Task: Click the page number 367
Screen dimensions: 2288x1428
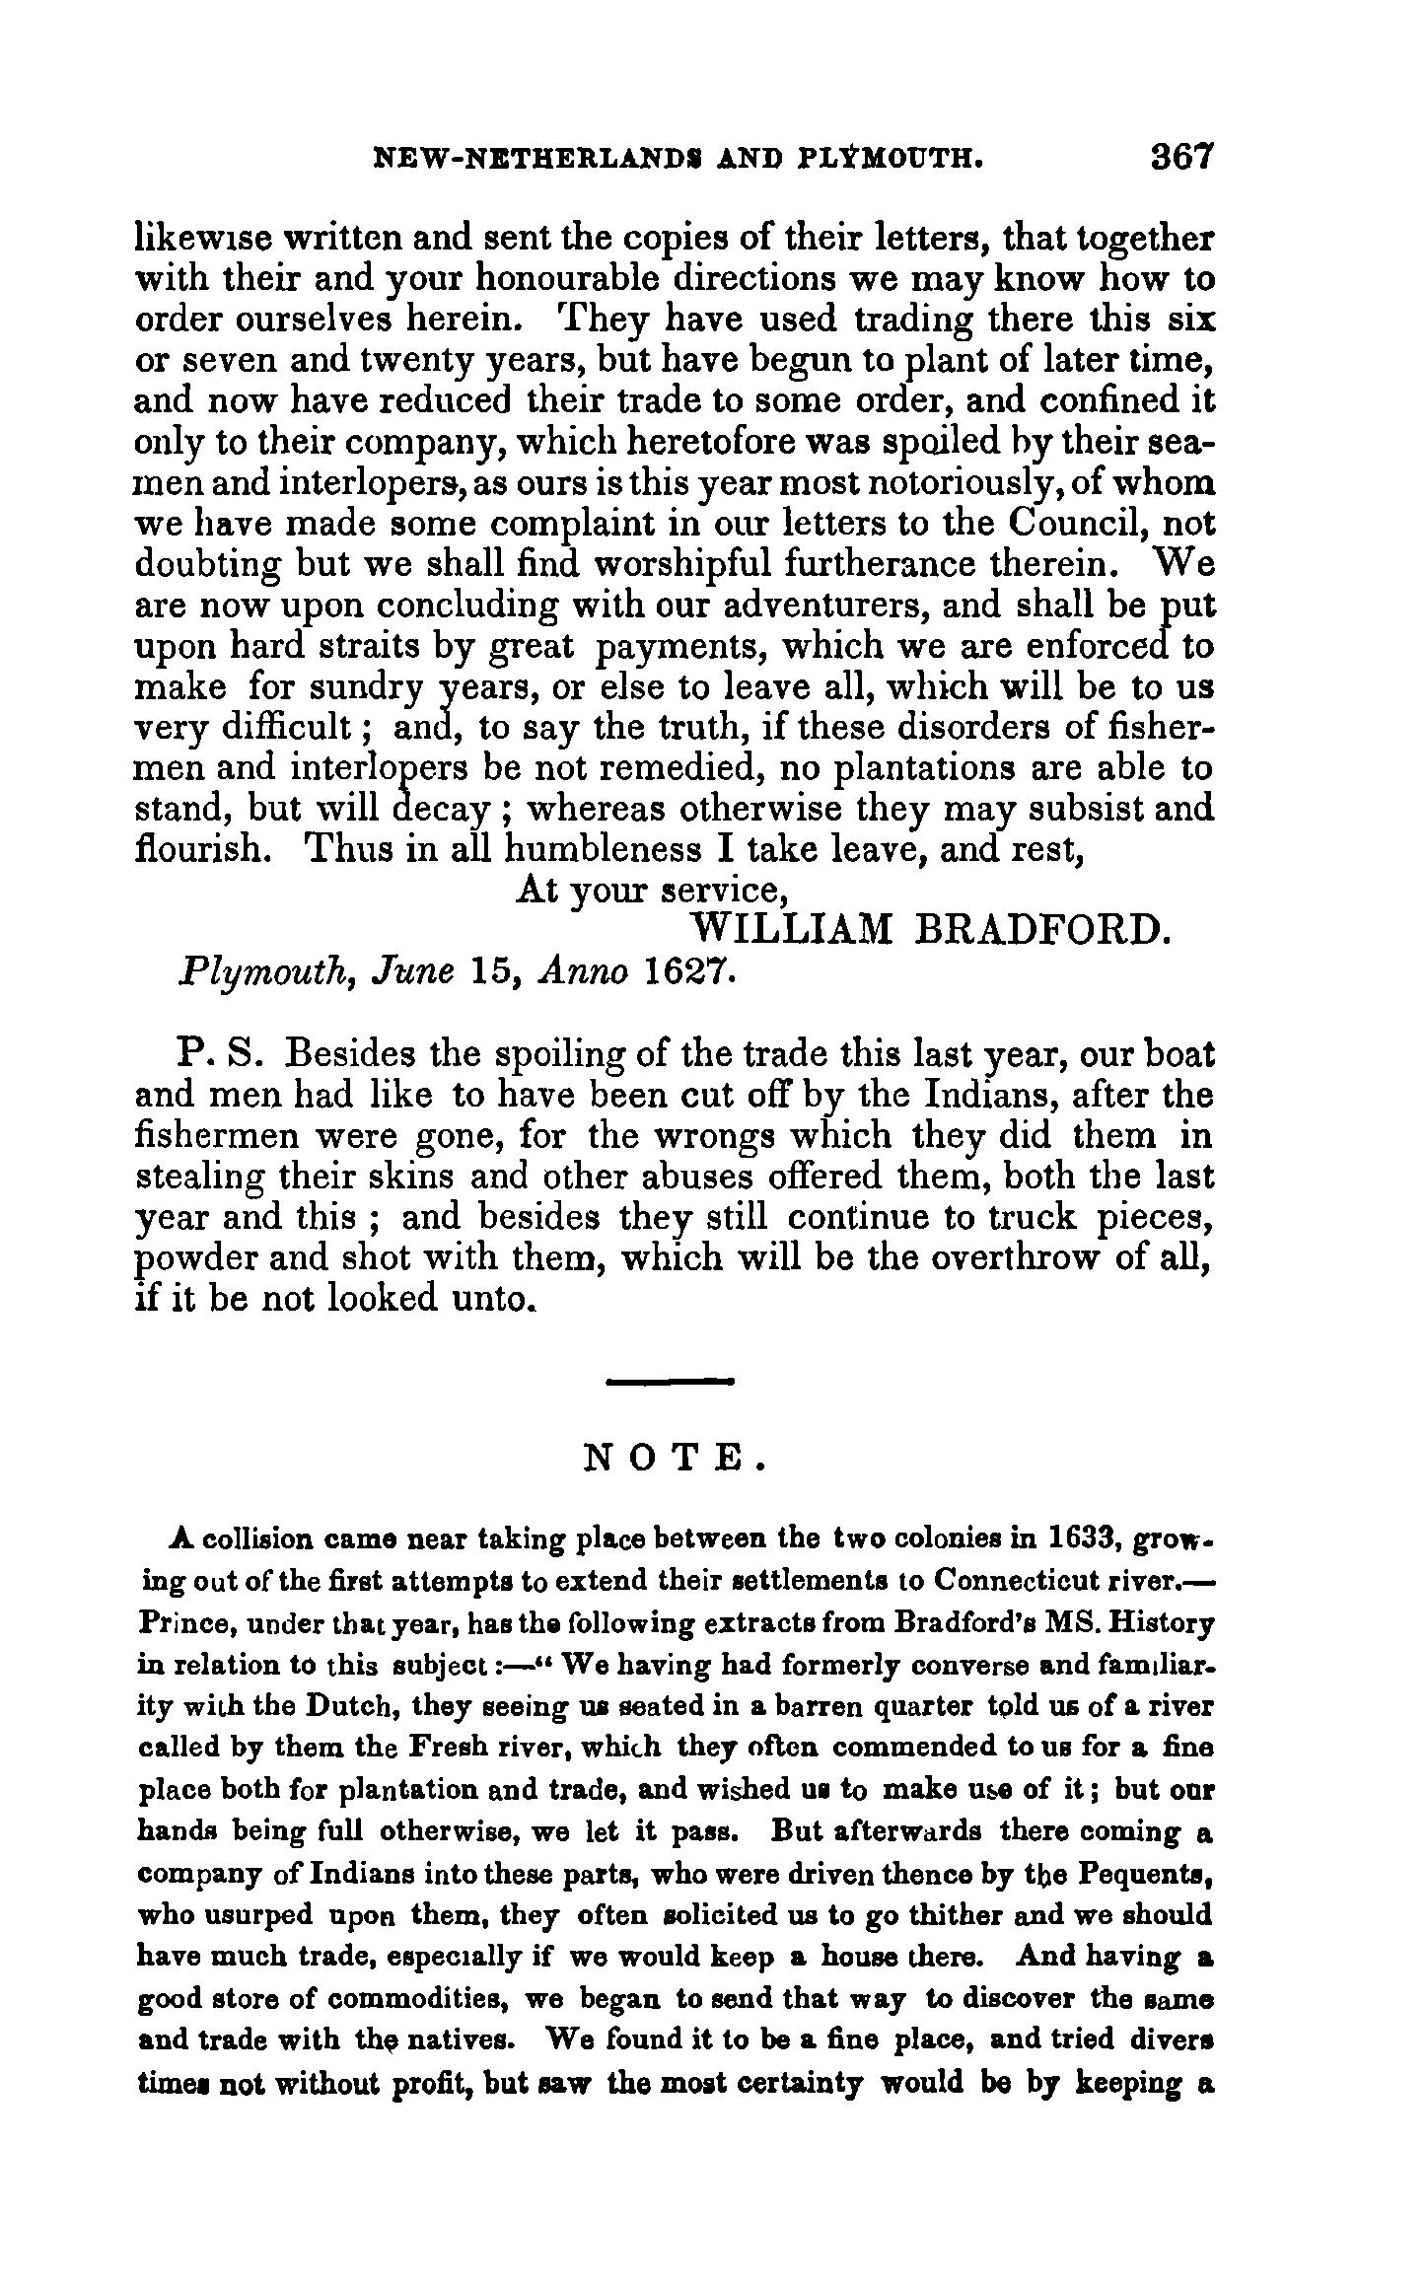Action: pos(1179,158)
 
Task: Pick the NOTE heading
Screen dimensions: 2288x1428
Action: pos(674,1457)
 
